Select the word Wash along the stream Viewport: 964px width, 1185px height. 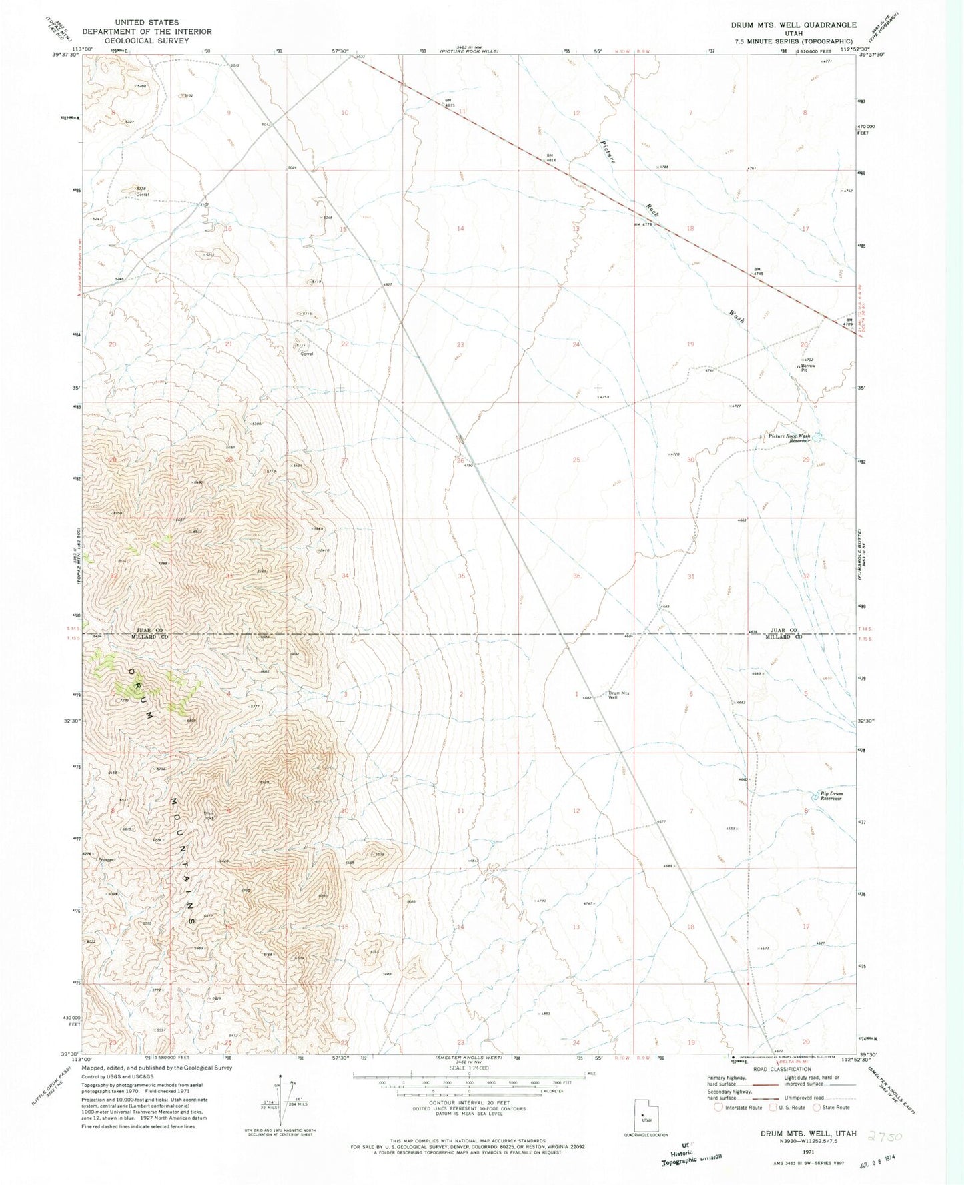737,315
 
